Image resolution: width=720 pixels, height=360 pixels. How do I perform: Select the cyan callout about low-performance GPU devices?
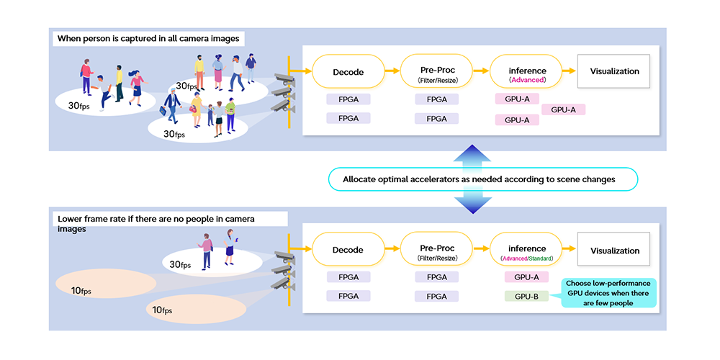[608, 294]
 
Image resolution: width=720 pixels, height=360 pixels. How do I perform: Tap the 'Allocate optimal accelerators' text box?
[482, 179]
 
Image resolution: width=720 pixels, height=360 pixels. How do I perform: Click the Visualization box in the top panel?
[614, 72]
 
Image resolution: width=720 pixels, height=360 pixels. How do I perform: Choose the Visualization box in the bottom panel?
[614, 251]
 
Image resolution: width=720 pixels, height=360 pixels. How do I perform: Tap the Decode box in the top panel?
[348, 72]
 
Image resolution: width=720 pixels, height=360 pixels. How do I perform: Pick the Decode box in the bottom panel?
[348, 251]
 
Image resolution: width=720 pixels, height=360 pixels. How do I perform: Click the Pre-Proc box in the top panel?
[437, 72]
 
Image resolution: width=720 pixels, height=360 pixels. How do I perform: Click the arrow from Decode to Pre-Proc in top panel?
[392, 71]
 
